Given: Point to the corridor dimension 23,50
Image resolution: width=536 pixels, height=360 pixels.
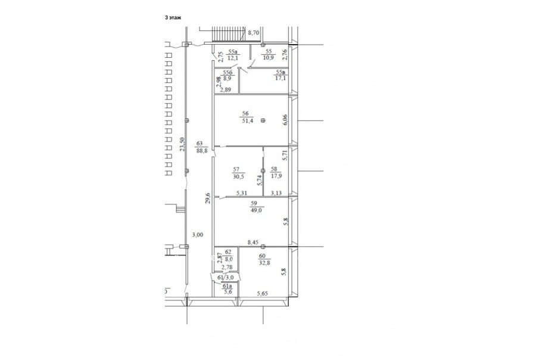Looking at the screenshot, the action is (x=183, y=144).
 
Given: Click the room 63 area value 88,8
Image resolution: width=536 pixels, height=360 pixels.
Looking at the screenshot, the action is (x=201, y=150).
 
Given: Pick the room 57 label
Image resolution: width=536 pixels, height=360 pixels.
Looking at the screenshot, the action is (x=236, y=169).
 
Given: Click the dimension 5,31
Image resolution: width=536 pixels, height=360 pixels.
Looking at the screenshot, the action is (x=242, y=193).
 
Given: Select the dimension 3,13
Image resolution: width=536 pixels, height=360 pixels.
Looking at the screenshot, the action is (x=276, y=193).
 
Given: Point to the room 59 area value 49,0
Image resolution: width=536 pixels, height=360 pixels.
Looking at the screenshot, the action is (x=255, y=210).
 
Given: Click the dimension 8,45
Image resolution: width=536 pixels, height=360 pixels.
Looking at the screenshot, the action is (x=253, y=243).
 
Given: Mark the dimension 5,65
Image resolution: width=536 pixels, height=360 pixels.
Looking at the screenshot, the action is (x=263, y=293).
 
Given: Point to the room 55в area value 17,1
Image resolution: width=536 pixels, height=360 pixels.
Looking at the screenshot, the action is (x=281, y=78).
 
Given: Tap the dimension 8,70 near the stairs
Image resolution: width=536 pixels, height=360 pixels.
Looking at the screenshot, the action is (x=254, y=33).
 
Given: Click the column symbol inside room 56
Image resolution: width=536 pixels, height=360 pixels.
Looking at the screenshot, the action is (x=263, y=120).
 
